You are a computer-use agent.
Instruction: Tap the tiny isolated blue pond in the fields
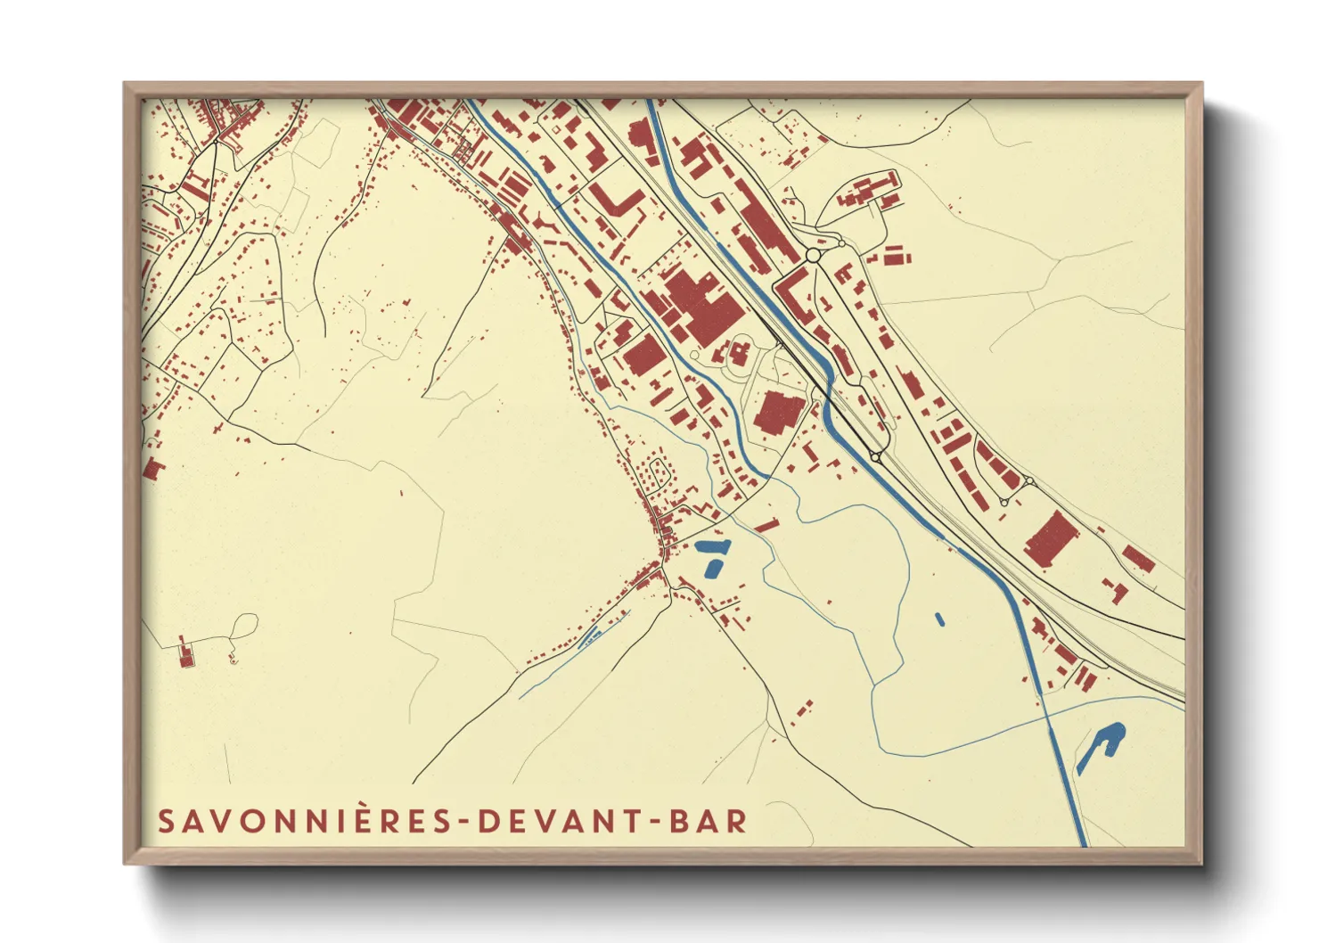coord(939,618)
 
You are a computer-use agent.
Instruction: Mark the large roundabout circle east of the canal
coord(812,256)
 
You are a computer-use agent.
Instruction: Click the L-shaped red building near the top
coord(616,200)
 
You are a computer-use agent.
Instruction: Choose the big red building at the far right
coord(1052,538)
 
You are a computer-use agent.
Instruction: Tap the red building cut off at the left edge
coord(153,469)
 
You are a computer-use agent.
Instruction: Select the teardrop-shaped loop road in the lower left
coord(243,626)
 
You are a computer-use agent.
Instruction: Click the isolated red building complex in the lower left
coord(185,653)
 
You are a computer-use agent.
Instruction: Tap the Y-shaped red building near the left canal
coord(542,220)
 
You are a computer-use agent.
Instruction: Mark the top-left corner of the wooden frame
coord(126,84)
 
